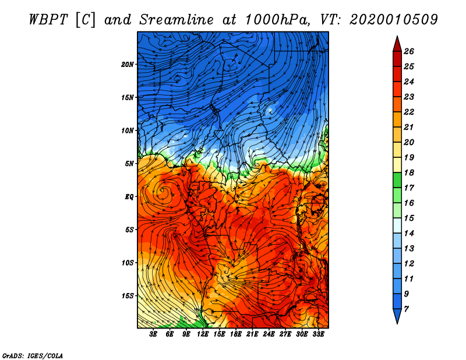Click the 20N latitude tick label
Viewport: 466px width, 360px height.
(x=128, y=65)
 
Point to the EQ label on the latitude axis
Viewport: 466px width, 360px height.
(x=129, y=197)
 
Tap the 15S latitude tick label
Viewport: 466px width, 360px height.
(x=128, y=296)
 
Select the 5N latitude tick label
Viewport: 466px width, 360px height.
(x=129, y=164)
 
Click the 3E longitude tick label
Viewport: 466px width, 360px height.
(x=153, y=334)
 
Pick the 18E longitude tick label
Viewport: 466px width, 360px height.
(x=236, y=334)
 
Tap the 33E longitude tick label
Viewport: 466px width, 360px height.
(x=318, y=334)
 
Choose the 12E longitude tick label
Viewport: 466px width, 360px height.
(x=203, y=334)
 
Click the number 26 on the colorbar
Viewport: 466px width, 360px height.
(x=409, y=51)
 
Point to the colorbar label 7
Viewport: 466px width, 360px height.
(x=406, y=309)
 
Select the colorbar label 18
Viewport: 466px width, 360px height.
(x=409, y=172)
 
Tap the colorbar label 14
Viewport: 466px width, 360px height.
(x=409, y=234)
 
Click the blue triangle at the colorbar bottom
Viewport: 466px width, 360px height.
(x=397, y=315)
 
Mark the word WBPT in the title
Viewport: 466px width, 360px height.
(x=49, y=20)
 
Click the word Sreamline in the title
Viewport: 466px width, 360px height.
(x=176, y=20)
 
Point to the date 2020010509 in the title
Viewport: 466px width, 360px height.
(x=394, y=20)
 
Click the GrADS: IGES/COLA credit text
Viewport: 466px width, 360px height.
(x=33, y=356)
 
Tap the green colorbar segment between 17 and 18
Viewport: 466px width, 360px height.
(x=397, y=180)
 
